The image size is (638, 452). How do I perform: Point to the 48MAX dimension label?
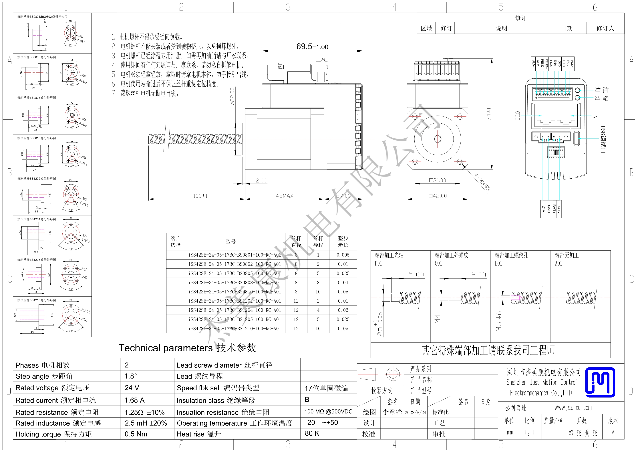[284, 196]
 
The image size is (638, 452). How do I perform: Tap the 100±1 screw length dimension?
[200, 196]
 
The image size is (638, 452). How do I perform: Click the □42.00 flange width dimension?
[438, 196]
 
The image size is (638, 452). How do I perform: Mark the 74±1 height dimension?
[488, 114]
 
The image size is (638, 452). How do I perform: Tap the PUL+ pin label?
[572, 64]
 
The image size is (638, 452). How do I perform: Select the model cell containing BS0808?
[234, 282]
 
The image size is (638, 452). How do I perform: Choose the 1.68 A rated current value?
[134, 400]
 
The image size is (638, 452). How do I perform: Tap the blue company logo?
[600, 382]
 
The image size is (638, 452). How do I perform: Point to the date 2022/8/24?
[416, 412]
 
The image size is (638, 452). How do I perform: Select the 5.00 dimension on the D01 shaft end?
[416, 275]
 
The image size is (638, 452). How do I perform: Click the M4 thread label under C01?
[437, 319]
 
